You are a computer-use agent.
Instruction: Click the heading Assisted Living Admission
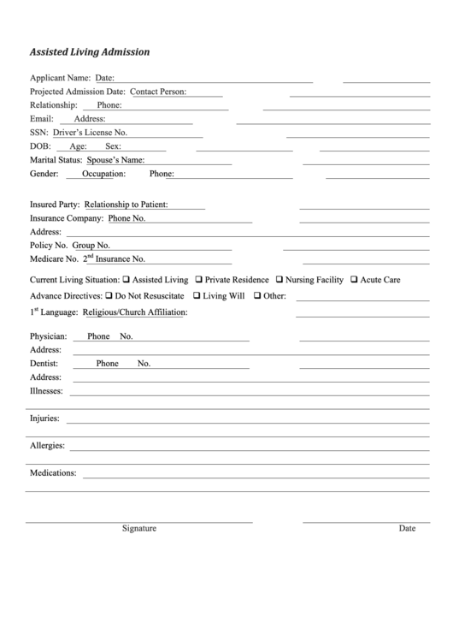(90, 51)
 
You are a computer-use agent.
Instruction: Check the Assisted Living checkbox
(126, 280)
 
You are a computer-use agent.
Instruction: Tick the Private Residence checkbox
(198, 280)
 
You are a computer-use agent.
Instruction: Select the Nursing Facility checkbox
(278, 280)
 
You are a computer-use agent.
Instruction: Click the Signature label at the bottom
(139, 528)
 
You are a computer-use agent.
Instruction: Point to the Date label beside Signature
(407, 528)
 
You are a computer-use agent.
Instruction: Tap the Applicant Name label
(60, 78)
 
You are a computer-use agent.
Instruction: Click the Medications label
(53, 472)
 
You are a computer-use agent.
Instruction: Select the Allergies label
(48, 446)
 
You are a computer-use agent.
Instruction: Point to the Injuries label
(45, 418)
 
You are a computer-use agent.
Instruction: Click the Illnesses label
(47, 391)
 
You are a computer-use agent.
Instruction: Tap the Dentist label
(44, 364)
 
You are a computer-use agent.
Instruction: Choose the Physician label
(49, 336)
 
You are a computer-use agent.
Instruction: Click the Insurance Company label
(67, 218)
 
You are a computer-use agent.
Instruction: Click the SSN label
(38, 133)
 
